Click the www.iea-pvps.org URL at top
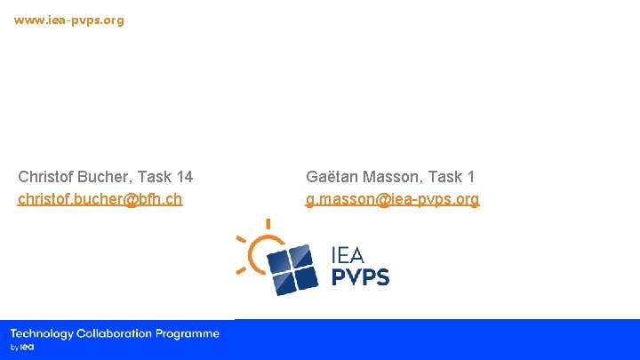pos(69,20)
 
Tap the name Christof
pos(45,177)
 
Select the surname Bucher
pos(102,177)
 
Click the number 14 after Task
pos(184,177)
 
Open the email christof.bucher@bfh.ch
pos(100,199)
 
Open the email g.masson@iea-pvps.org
pos(392,199)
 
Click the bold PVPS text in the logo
pos(360,277)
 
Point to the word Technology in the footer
pos(42,333)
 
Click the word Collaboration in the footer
pos(115,333)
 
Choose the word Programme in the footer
pos(188,333)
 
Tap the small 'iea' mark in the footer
pos(27,347)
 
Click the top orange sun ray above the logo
pos(268,224)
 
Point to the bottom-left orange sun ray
pos(241,268)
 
